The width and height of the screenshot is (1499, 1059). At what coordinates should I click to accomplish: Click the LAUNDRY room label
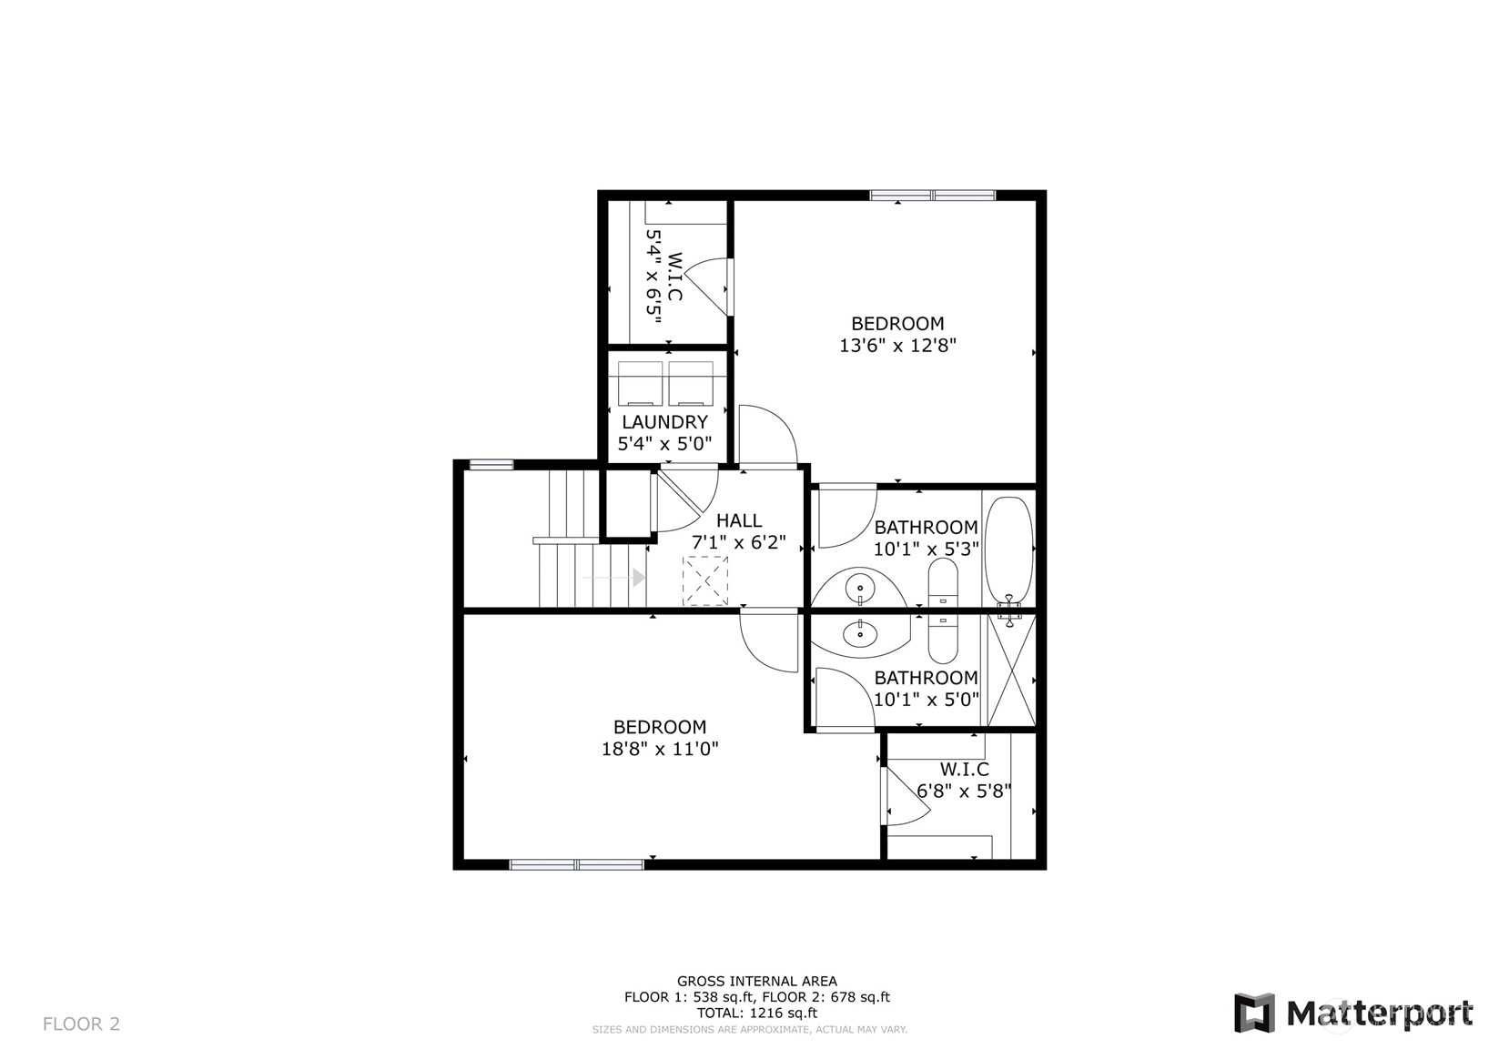[x=664, y=422]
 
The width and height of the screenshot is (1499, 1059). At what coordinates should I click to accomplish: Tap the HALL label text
[x=739, y=520]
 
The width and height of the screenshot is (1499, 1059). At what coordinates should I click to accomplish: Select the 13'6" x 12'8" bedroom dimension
[x=897, y=345]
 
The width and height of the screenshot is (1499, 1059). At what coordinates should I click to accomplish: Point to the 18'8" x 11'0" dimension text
[x=660, y=749]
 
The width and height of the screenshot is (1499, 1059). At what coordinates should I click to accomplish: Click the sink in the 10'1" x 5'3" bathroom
[x=860, y=589]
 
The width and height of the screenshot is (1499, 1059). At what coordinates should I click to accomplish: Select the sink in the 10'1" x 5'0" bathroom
[x=861, y=633]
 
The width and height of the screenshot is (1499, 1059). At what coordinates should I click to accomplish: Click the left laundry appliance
[x=640, y=384]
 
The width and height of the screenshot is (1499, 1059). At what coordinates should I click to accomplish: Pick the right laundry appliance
[x=691, y=384]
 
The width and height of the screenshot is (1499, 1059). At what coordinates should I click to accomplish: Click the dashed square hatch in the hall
[x=704, y=580]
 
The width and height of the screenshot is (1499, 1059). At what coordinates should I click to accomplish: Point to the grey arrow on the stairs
[x=613, y=577]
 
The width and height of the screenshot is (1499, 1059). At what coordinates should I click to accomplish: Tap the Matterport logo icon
[x=1254, y=1013]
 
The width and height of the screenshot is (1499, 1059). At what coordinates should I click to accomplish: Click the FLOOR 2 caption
[x=82, y=1024]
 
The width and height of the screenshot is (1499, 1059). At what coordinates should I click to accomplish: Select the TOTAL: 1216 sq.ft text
[x=757, y=1013]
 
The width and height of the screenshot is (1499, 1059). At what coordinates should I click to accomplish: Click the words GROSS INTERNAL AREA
[x=757, y=981]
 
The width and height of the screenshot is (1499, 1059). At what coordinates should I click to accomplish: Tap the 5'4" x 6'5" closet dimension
[x=653, y=277]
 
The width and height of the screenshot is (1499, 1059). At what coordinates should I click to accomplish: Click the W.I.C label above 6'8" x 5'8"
[x=965, y=770]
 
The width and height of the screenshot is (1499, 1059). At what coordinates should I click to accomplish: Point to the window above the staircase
[x=491, y=464]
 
